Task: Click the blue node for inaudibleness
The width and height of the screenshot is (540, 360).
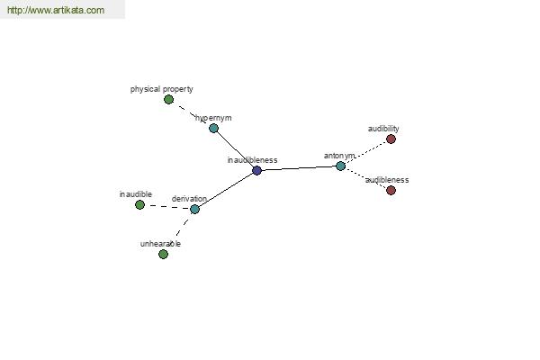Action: (256, 170)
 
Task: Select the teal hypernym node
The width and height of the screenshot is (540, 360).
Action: (213, 128)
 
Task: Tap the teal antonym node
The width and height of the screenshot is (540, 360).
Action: (340, 166)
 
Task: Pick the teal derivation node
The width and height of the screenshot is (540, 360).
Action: (194, 209)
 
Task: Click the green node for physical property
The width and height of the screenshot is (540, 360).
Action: (168, 100)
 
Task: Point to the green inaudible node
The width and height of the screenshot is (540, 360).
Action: (139, 204)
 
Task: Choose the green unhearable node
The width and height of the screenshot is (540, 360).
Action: (163, 254)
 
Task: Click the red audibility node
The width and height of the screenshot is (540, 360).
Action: (391, 139)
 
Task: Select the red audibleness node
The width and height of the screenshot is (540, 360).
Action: (391, 190)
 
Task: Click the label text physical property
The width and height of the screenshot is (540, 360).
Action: (161, 89)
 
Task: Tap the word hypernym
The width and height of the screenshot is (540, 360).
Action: (213, 118)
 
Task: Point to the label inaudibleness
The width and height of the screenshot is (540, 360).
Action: (252, 160)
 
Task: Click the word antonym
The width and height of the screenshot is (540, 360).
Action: (339, 156)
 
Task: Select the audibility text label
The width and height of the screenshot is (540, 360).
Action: (383, 129)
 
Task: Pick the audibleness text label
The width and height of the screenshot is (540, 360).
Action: (387, 180)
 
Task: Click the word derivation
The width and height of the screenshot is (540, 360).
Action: (189, 199)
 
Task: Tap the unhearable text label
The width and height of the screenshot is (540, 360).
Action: (160, 244)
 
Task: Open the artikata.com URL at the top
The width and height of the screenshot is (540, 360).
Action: (56, 10)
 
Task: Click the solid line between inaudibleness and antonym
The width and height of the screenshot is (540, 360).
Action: (299, 168)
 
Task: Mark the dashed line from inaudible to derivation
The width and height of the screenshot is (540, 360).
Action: (167, 207)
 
